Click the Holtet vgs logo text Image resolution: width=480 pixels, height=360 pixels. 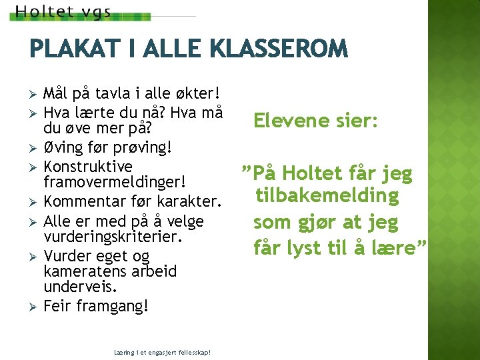click(63, 12)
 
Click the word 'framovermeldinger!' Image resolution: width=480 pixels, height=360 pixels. click(113, 182)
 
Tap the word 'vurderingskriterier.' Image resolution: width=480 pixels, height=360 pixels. click(113, 236)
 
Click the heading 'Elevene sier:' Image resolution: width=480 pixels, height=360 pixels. click(315, 121)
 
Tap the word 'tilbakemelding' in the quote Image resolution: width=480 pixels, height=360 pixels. click(326, 196)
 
